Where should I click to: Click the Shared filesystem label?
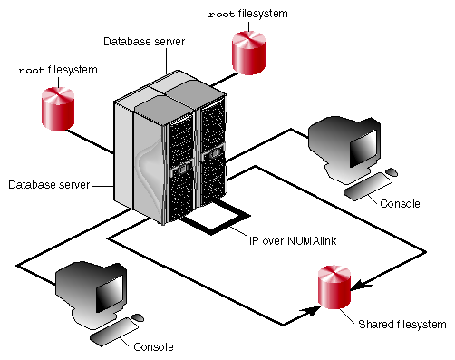pyautogui.click(x=402, y=325)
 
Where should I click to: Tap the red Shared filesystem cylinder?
pyautogui.click(x=334, y=287)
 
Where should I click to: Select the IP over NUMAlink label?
pyautogui.click(x=293, y=241)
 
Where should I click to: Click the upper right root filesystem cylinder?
pyautogui.click(x=248, y=53)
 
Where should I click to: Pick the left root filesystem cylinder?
pyautogui.click(x=58, y=109)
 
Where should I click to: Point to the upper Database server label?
pyautogui.click(x=144, y=42)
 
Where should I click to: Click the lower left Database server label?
pyautogui.click(x=49, y=185)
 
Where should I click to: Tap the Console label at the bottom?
pyautogui.click(x=153, y=346)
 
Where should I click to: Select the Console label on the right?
pyautogui.click(x=400, y=204)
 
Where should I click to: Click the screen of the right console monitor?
pyautogui.click(x=363, y=149)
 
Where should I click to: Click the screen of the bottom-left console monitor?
pyautogui.click(x=110, y=294)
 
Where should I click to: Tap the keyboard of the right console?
pyautogui.click(x=368, y=186)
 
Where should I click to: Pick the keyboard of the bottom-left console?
pyautogui.click(x=114, y=332)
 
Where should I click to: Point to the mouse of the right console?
pyautogui.click(x=392, y=172)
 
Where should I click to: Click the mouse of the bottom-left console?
pyautogui.click(x=138, y=318)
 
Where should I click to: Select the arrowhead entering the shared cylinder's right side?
pyautogui.click(x=360, y=286)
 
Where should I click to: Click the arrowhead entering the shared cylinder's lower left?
pyautogui.click(x=311, y=310)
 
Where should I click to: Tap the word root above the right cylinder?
pyautogui.click(x=221, y=15)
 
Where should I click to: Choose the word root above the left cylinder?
pyautogui.click(x=31, y=71)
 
